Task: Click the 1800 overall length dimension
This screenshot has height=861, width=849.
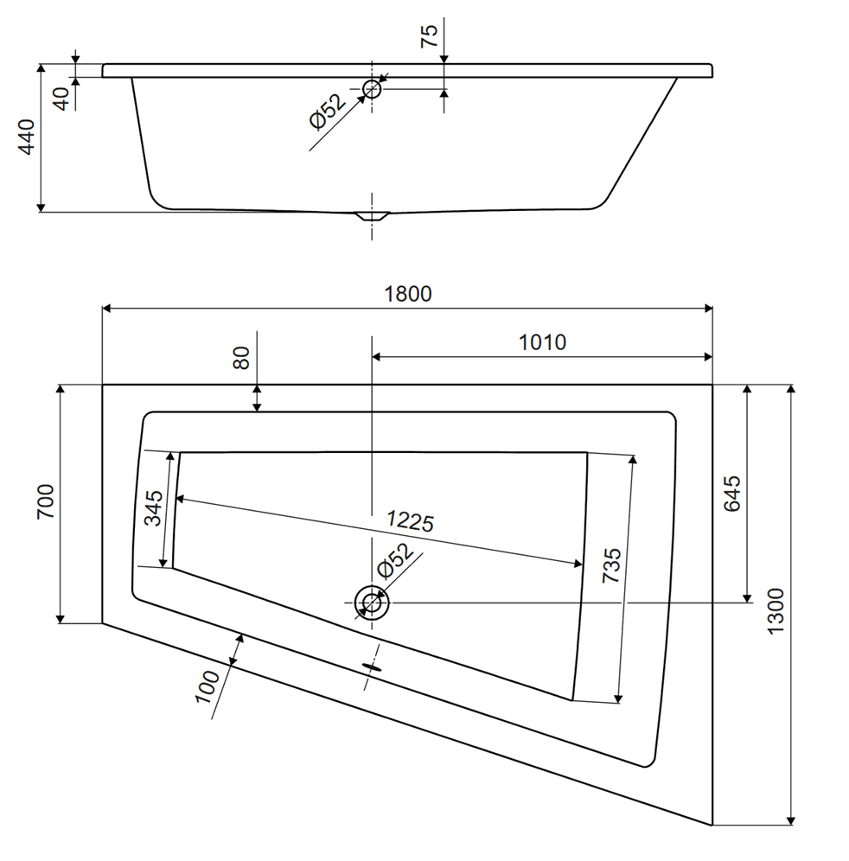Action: [x=407, y=294]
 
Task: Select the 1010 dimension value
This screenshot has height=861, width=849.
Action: [x=542, y=342]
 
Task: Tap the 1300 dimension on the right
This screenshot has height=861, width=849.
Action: [x=776, y=611]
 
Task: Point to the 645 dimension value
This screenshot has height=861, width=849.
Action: [x=731, y=494]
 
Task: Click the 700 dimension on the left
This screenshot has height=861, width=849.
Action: [x=45, y=501]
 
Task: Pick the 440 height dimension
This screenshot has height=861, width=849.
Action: [x=27, y=137]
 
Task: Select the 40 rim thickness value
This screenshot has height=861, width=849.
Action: [x=62, y=99]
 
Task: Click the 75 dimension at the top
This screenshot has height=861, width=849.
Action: [x=429, y=35]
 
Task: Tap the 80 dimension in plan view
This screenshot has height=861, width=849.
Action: [x=240, y=358]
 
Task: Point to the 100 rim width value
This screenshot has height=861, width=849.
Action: [x=207, y=686]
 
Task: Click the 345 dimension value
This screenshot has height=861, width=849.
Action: [x=153, y=508]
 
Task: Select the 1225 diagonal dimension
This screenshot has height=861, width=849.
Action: [x=410, y=521]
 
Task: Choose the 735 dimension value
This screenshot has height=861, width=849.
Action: [x=611, y=565]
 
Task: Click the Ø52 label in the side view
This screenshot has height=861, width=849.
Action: [x=328, y=112]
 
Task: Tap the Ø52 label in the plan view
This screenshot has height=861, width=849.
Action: [x=395, y=561]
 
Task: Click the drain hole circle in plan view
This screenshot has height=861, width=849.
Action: [x=372, y=603]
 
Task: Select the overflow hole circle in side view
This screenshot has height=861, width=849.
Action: [x=373, y=88]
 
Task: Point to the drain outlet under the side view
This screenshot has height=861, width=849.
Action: [x=372, y=216]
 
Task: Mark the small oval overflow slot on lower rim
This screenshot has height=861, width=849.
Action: [x=372, y=666]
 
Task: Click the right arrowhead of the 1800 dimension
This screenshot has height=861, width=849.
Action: [x=707, y=309]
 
